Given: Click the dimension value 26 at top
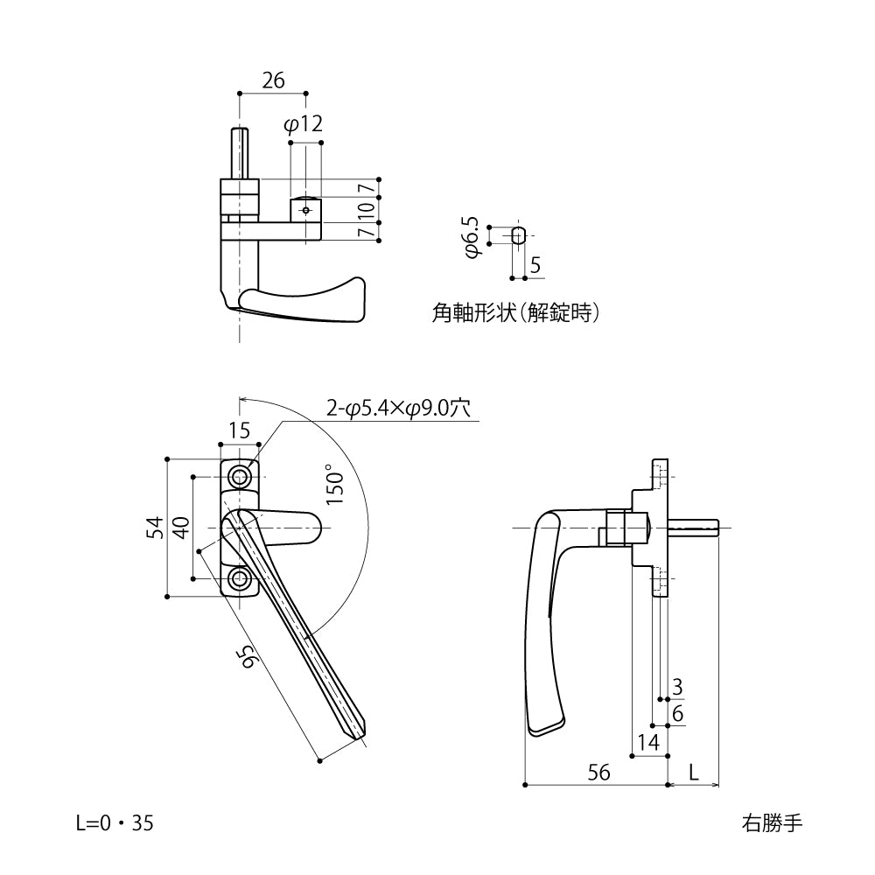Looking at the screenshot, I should tap(273, 80).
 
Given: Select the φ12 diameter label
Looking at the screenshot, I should tap(304, 125).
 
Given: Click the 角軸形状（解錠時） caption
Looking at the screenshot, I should tap(516, 312).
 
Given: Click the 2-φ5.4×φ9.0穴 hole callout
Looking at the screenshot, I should tap(399, 408).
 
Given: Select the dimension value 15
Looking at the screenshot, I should tap(240, 430).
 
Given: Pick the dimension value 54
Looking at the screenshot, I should tap(154, 528).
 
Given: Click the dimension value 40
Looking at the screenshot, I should tap(180, 528).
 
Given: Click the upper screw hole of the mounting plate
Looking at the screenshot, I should tap(240, 477).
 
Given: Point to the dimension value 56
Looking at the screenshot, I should tap(598, 772).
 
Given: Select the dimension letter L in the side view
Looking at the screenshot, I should tap(693, 772).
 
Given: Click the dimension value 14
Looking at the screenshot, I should tap(648, 743).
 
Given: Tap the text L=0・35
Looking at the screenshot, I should tap(115, 822).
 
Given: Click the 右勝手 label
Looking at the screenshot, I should tap(771, 822).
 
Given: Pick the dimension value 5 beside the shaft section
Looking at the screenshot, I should tap(535, 265).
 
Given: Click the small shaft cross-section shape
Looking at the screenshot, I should tap(518, 234).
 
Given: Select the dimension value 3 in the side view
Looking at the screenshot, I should tap(677, 687).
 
